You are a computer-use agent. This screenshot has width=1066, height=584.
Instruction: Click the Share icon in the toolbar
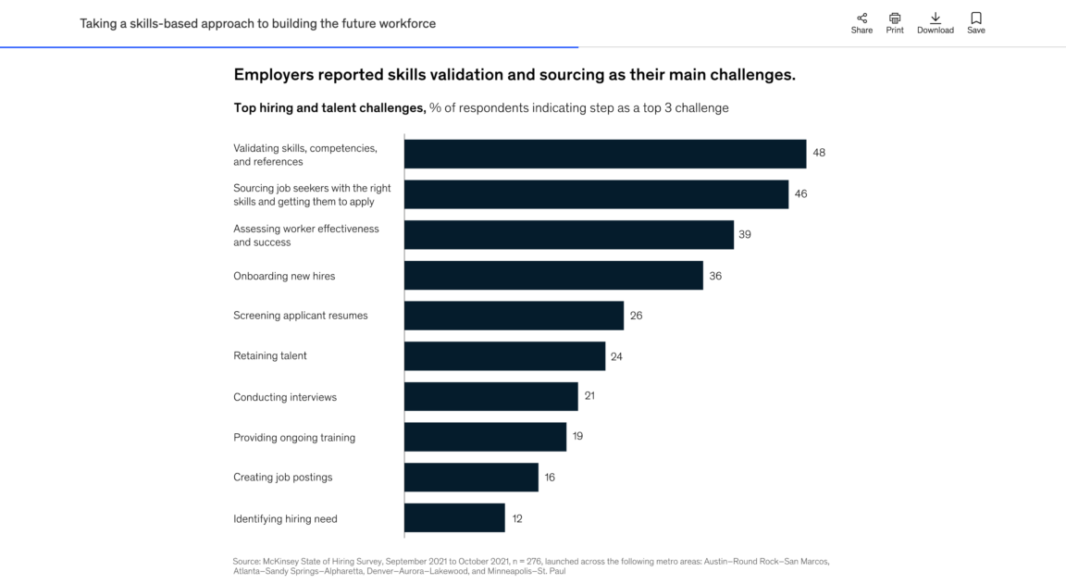point(861,18)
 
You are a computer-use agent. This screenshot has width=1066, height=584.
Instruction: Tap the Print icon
point(895,18)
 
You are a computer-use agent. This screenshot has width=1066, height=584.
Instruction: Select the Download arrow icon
point(936,18)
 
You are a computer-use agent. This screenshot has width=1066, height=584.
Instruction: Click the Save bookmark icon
point(976,18)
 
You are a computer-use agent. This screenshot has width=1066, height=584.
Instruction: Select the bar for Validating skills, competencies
point(605,154)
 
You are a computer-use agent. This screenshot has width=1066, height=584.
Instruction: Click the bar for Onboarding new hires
point(553,276)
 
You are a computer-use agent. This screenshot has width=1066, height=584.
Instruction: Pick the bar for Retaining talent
point(504,356)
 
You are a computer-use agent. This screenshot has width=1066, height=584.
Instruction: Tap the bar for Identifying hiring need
point(454,518)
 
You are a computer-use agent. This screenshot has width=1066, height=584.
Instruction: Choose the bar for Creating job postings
point(471,478)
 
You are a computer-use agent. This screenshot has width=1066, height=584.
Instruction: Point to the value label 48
point(819,153)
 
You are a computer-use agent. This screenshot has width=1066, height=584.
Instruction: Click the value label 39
point(745,235)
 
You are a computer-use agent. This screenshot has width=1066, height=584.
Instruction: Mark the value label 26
point(636,316)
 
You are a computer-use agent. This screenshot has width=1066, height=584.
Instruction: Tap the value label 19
point(577,436)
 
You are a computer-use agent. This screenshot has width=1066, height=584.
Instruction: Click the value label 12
point(517,519)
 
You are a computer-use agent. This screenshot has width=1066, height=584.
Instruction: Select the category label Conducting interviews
point(285,397)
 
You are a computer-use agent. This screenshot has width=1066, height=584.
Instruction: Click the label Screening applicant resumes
point(301,316)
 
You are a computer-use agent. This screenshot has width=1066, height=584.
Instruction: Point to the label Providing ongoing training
point(294,438)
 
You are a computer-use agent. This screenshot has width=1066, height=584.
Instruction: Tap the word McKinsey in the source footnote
point(281,561)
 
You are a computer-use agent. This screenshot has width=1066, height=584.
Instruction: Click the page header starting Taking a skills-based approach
point(257,23)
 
